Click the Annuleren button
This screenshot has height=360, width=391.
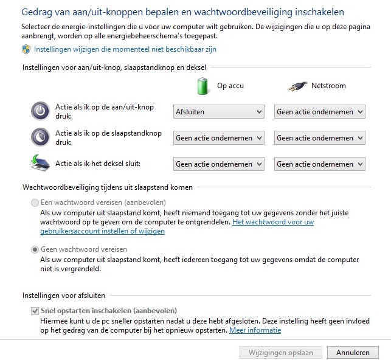tap(353, 352)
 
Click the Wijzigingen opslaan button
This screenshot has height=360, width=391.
tap(281, 352)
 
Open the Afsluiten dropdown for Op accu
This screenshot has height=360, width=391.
tap(219, 111)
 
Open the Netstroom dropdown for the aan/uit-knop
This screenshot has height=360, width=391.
tap(320, 111)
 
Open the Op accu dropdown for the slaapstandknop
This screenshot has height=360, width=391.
tap(219, 138)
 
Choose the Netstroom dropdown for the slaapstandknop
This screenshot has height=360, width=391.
tap(320, 138)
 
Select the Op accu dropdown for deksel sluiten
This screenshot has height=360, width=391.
tap(219, 164)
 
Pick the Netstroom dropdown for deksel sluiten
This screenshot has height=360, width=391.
tap(320, 164)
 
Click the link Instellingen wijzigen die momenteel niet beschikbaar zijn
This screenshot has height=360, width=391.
tap(125, 49)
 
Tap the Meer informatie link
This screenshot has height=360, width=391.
tap(255, 330)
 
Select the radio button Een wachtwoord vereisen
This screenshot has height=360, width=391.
tap(35, 202)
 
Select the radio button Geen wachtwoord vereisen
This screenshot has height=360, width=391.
tap(35, 249)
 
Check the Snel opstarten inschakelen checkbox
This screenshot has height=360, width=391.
tap(35, 311)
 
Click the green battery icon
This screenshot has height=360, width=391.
tap(203, 86)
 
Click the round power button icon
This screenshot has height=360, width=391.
tap(40, 111)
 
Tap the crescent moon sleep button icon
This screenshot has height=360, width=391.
tap(40, 137)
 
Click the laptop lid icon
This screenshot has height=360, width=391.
tap(40, 163)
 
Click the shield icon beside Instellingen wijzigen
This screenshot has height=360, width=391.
tap(27, 49)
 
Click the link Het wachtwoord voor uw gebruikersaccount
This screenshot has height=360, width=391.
tap(273, 223)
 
